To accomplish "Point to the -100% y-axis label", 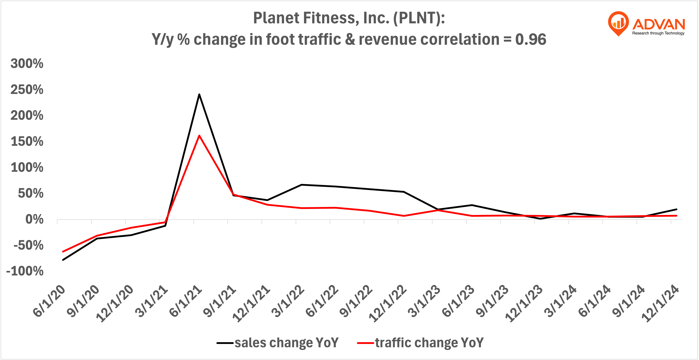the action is pos(25,271).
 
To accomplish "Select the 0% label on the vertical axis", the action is pos(34,220).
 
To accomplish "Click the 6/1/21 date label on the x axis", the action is pos(186,301).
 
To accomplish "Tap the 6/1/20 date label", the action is pos(49,301).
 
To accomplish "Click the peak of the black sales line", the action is pos(199,94).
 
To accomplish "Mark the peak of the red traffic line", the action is pos(199,136).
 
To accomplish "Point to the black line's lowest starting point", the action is pos(63,260).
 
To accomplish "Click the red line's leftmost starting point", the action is pos(63,252).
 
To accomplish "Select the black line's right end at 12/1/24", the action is pos(677,209).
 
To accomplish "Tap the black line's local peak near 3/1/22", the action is pos(302,185).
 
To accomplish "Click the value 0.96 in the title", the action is pos(531,40).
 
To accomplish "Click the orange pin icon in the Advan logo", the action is pos(618,23).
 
